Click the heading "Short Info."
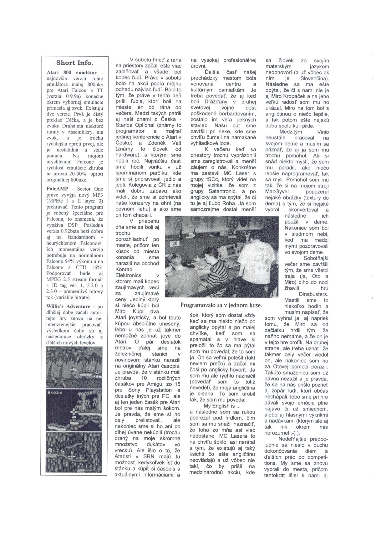coord(75,63)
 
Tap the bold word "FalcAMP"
coord(56,189)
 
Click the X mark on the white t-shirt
coord(262,250)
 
